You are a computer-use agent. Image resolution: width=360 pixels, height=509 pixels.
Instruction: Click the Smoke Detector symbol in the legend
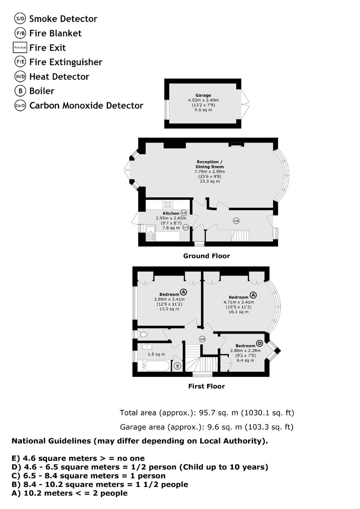point(20,19)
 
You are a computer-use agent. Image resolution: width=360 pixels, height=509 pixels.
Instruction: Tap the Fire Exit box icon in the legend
point(20,47)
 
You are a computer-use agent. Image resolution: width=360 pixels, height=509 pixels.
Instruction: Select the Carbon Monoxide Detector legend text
point(87,105)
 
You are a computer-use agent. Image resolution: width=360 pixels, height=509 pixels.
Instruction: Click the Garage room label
point(203,95)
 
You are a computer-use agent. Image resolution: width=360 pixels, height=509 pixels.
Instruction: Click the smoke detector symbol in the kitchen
point(183,213)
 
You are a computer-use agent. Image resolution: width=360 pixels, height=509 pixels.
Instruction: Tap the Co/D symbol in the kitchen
point(186,227)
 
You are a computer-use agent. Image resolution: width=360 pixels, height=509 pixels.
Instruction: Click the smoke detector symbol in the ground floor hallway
point(236,221)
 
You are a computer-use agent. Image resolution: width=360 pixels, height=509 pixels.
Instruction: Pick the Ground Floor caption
point(206,256)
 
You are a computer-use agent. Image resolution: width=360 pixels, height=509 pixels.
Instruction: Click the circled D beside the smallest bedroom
point(259,343)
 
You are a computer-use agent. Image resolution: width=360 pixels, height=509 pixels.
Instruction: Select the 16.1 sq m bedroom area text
point(239,312)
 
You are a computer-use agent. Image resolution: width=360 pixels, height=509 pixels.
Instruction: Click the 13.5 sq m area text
point(169,309)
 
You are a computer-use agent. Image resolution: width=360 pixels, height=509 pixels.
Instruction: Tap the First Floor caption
point(206,386)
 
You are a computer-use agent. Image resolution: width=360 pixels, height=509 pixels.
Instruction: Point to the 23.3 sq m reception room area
point(210,181)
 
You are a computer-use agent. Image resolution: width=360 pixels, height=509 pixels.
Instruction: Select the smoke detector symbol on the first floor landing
point(202,339)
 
